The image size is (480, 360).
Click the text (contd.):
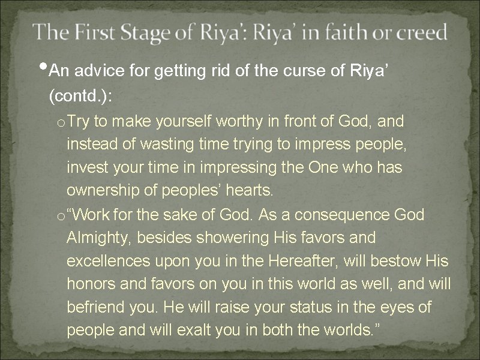point(77,97)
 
